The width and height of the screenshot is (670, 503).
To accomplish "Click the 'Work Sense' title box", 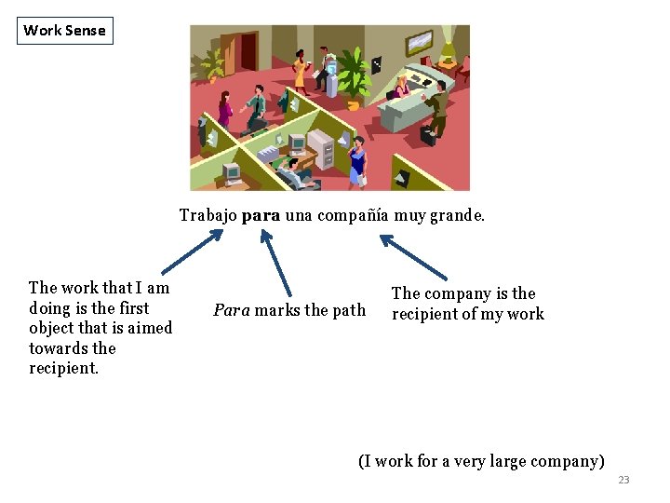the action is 64,30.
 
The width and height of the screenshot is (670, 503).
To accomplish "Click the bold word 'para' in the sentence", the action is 261,215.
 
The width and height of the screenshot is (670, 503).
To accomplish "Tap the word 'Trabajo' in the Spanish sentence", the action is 208,215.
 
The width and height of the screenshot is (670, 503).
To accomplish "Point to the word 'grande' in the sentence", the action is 455,215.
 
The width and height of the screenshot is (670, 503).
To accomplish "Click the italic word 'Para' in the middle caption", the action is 231,310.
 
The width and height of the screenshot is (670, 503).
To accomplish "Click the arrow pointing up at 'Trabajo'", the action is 194,251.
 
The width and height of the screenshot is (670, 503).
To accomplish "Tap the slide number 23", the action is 623,480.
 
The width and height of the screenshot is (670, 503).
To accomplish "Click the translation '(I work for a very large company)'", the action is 481,461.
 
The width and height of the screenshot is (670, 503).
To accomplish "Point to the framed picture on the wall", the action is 418,43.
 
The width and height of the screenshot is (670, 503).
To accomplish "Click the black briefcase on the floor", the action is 427,135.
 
